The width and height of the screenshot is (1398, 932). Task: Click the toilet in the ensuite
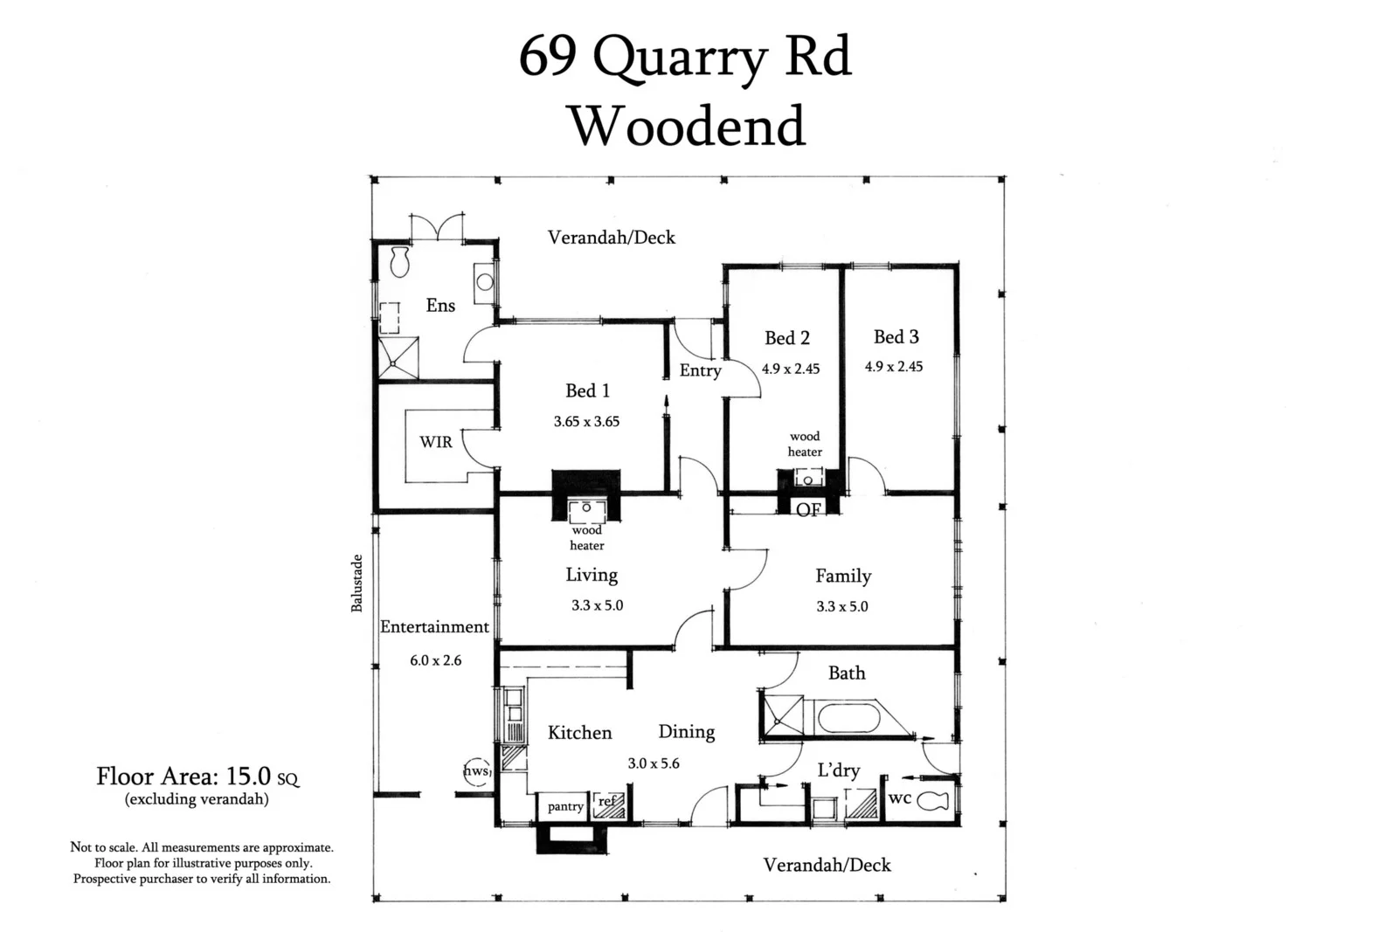tap(400, 261)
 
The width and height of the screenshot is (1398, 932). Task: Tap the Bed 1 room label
tap(587, 390)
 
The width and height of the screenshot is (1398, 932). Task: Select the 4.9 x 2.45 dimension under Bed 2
tap(791, 369)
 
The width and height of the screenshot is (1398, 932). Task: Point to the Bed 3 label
tap(896, 336)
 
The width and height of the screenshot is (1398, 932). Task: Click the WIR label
tap(435, 442)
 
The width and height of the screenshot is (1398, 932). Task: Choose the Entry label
tap(700, 370)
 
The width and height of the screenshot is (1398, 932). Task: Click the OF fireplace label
tap(808, 509)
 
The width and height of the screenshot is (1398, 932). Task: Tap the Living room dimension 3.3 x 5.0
tap(597, 605)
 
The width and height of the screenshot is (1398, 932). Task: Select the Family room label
tap(843, 576)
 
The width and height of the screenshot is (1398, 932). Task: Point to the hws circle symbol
tap(476, 771)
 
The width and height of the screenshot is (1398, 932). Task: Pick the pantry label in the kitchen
tap(565, 806)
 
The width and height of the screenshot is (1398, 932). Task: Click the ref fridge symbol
tap(608, 804)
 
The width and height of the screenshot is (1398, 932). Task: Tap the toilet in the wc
tap(932, 800)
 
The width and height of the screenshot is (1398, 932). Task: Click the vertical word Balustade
tap(356, 583)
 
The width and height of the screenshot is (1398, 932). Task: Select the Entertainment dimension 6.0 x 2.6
tap(435, 660)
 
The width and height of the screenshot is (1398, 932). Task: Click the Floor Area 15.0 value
tap(248, 776)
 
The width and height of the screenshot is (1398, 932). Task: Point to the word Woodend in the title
tap(687, 126)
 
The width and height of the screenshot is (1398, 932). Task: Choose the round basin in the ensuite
tap(484, 281)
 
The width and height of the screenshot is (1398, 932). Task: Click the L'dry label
tap(838, 770)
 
